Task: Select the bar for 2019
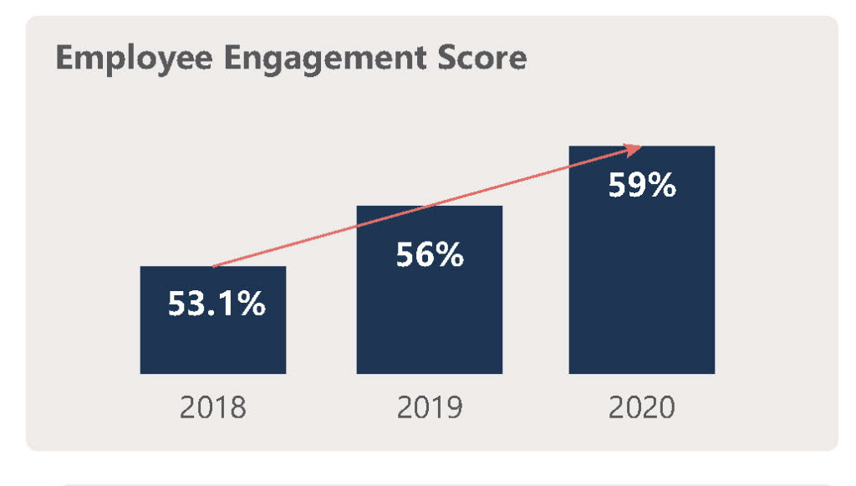[x=429, y=318]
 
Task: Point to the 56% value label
[x=429, y=255]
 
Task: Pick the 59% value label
[x=641, y=185]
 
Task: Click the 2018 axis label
[x=213, y=409]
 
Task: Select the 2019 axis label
[x=429, y=409]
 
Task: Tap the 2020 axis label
[x=641, y=409]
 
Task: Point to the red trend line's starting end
[x=215, y=266]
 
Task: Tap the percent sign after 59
[x=660, y=185]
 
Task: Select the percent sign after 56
[x=449, y=255]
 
